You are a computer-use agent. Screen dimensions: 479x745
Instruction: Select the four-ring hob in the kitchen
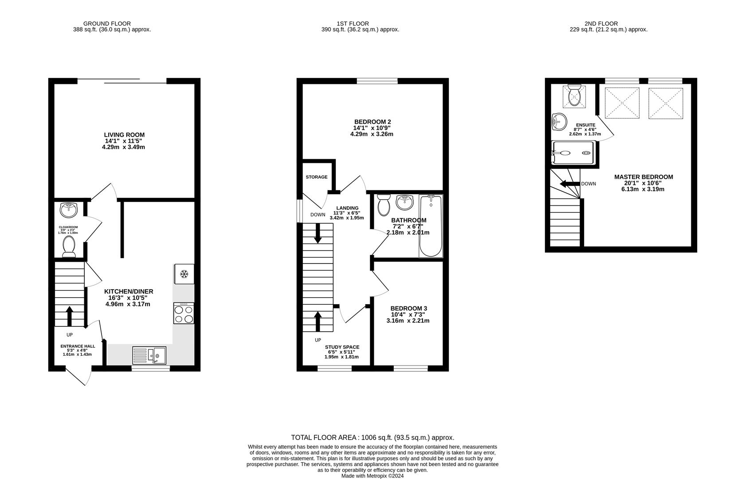(x=184, y=314)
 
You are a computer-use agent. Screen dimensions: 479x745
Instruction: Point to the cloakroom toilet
(x=69, y=246)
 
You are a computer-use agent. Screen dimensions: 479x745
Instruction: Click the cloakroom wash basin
(x=69, y=210)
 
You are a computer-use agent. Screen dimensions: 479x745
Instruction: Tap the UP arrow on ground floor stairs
(x=69, y=315)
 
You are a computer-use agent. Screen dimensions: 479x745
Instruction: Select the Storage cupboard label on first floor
(x=317, y=177)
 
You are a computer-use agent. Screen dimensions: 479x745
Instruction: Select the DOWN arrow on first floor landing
(x=318, y=233)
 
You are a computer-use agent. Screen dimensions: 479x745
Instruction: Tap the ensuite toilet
(x=574, y=94)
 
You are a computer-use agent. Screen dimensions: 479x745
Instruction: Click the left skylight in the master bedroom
(x=622, y=103)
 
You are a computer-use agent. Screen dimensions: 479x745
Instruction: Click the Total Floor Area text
(x=372, y=437)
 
